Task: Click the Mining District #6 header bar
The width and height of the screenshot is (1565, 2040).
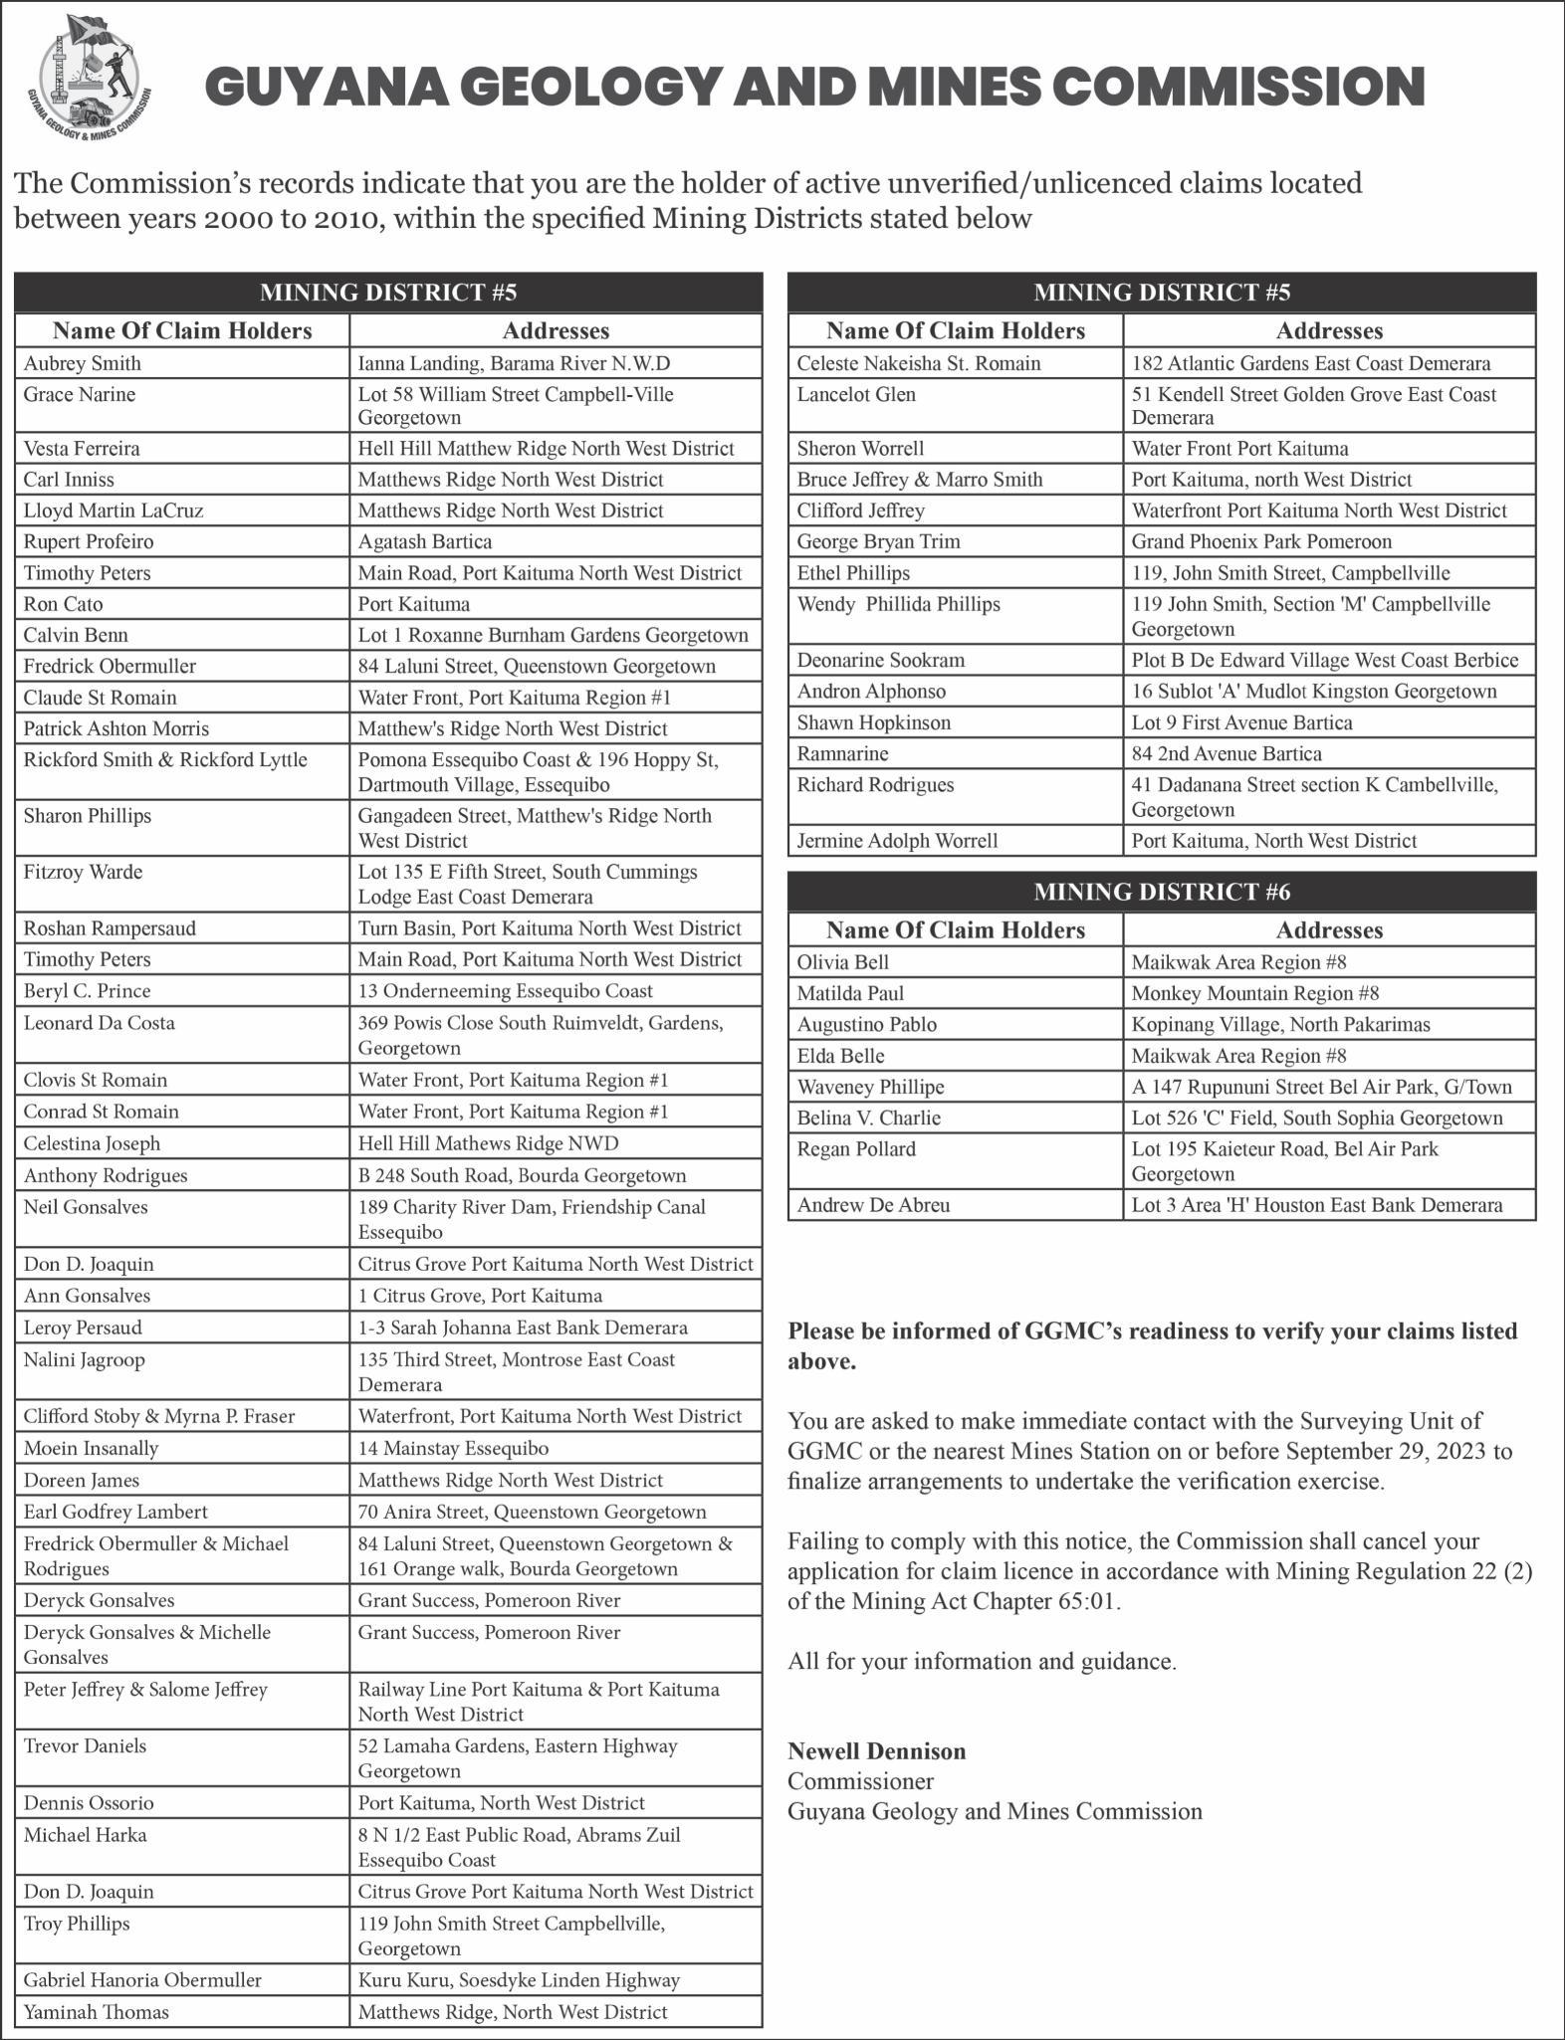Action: (1161, 891)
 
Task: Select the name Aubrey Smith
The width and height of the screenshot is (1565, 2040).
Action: (83, 363)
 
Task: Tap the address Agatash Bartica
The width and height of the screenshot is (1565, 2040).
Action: (425, 541)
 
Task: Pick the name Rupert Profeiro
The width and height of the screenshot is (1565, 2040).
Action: (89, 541)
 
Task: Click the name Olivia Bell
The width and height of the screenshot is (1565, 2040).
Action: (842, 962)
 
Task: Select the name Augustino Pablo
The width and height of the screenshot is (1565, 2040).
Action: (866, 1024)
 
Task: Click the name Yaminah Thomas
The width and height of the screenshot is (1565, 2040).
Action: (97, 2012)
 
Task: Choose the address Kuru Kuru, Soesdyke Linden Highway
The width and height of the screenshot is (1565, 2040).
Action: (519, 1980)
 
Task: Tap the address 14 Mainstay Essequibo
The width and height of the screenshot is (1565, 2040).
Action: (453, 1448)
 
